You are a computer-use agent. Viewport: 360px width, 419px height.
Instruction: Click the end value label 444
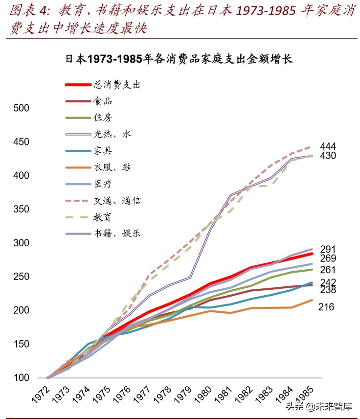328,146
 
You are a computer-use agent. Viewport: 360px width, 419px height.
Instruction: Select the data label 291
328,249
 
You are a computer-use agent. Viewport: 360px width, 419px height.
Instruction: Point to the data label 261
328,270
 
